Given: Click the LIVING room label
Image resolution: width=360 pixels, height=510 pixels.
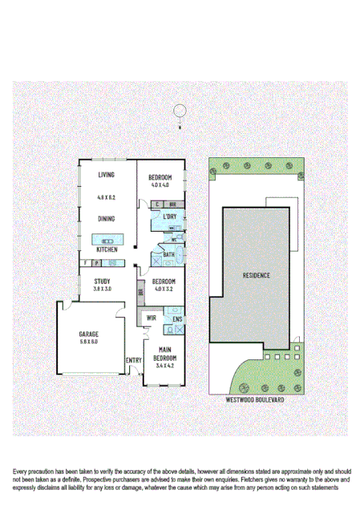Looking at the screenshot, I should coord(106,175).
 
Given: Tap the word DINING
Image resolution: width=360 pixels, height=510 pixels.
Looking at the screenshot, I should coord(106,219).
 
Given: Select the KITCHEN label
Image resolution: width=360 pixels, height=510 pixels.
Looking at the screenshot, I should coord(106,249).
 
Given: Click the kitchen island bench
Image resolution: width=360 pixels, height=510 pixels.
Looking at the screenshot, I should coord(105,239).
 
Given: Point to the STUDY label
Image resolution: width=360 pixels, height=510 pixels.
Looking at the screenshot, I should coord(102,281).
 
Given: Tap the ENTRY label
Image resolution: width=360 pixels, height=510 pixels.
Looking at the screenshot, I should coord(133,360).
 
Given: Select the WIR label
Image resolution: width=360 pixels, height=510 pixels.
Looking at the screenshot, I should coord(151,319).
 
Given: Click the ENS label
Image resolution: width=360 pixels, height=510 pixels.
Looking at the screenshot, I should coord(177,320).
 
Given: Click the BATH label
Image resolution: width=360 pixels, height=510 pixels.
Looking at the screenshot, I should coord(168,255).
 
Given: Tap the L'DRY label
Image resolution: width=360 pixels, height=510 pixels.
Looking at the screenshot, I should coord(169,217).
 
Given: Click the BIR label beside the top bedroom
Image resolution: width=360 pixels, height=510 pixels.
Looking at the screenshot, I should coord(172,204).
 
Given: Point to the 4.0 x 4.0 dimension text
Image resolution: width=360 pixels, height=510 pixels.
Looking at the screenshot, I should coord(160,185).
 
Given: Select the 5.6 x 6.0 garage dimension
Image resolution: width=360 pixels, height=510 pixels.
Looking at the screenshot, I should coord(87,342).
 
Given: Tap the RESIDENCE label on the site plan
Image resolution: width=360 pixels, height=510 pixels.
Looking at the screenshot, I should coord(256,275).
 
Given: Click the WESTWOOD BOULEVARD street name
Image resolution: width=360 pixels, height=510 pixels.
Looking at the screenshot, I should coord(256,398).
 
